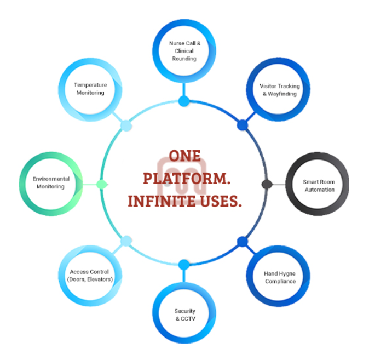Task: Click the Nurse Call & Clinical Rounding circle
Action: click(x=183, y=51)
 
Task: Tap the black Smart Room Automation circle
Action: click(x=318, y=185)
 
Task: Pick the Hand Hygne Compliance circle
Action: click(x=280, y=277)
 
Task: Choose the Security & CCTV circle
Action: click(x=184, y=314)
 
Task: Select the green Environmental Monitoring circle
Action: click(x=51, y=182)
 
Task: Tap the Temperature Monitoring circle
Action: click(x=90, y=89)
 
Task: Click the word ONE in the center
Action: click(x=184, y=155)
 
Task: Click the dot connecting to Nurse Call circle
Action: click(x=184, y=101)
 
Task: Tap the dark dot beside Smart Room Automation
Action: click(x=267, y=184)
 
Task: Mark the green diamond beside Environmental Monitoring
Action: click(x=101, y=184)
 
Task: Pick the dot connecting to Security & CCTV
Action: click(x=184, y=265)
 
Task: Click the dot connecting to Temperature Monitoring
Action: click(x=126, y=125)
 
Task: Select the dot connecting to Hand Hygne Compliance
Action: click(x=242, y=241)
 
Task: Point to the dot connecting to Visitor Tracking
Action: click(x=242, y=125)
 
